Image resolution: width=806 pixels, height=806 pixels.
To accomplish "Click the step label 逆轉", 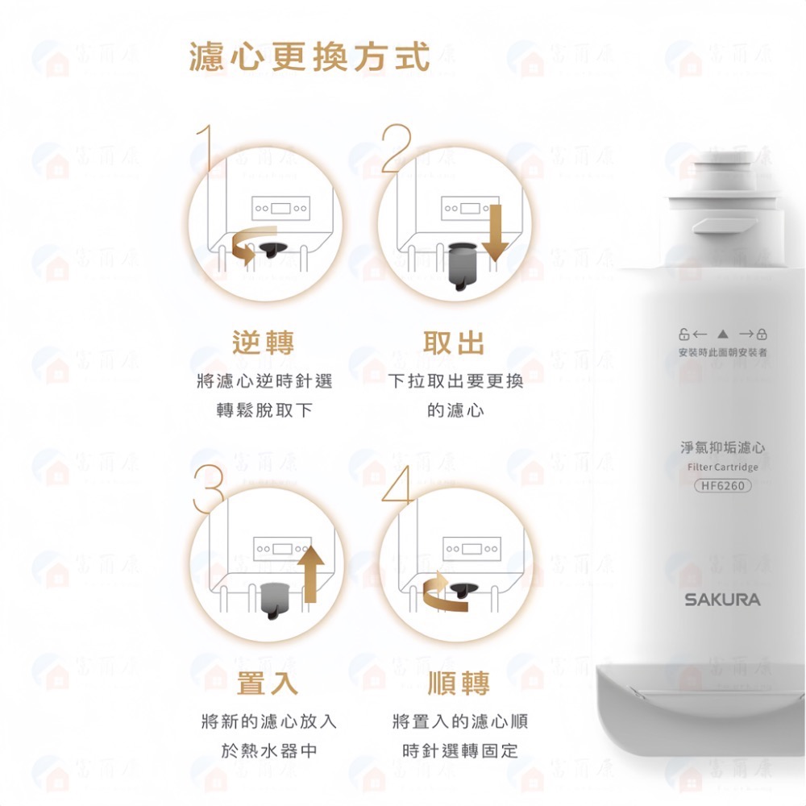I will coord(264,342).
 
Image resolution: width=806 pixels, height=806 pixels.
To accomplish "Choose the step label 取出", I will coord(455,342).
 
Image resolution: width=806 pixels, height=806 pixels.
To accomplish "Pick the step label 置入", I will coord(268,683).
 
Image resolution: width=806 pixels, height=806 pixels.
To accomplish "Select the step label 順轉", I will coord(459,683).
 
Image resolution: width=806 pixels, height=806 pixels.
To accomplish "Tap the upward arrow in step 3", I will coord(310,572).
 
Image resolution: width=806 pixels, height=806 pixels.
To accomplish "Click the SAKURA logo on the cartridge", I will coord(722,600).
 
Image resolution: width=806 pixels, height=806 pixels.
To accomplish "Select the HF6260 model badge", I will coord(722,485).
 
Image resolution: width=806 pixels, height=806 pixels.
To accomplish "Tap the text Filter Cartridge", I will coord(722,467).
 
